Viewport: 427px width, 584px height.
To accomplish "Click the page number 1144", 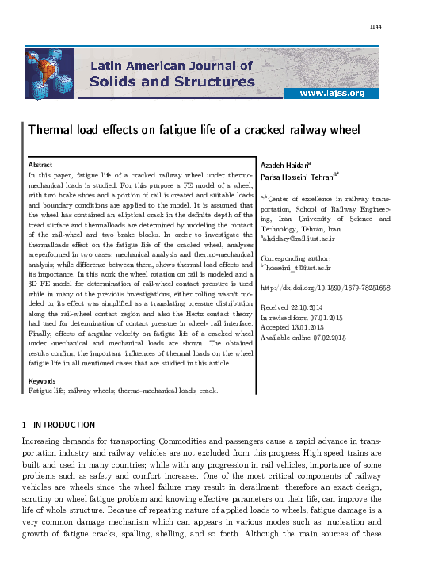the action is tap(376, 27).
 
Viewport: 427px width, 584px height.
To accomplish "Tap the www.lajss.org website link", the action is tap(331, 94).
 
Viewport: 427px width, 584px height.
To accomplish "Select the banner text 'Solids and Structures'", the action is tap(171, 82).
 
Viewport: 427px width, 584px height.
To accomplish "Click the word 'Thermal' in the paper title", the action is tap(51, 129).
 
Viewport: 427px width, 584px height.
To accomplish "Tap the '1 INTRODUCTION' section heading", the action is tap(59, 425).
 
